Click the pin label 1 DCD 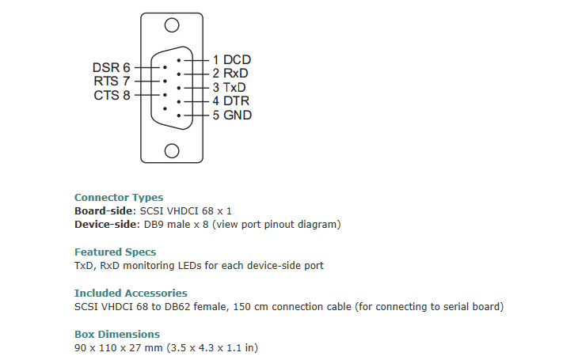click(x=232, y=59)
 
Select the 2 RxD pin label click(x=231, y=74)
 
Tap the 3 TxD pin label click(x=230, y=87)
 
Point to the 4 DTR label click(x=231, y=101)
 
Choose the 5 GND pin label click(x=232, y=116)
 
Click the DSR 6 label click(x=111, y=67)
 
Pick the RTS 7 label click(x=112, y=81)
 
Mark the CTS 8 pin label click(x=112, y=95)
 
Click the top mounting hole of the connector click(x=172, y=25)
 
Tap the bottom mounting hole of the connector click(x=172, y=150)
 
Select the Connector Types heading click(x=119, y=198)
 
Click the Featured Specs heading click(x=115, y=252)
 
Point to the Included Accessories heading click(x=131, y=293)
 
